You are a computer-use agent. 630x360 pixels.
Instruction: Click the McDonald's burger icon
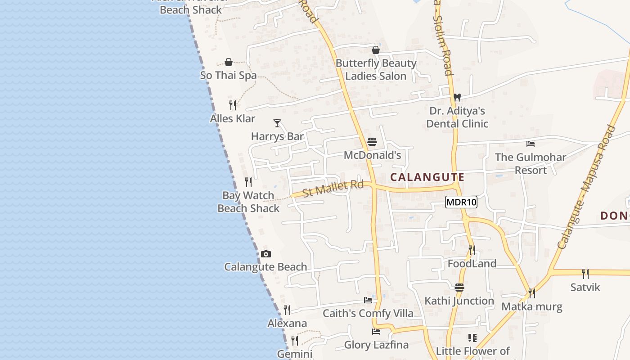[372, 142]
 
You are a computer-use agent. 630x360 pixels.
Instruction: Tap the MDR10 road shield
[461, 202]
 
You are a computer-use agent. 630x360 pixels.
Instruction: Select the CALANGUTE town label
[427, 177]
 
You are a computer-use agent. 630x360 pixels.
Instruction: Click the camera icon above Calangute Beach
[266, 254]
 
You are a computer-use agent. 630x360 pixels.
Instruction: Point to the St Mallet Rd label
[333, 189]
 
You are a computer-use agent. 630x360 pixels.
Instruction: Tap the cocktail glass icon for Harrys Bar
[277, 123]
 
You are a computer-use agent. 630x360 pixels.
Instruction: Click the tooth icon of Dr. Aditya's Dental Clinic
[457, 97]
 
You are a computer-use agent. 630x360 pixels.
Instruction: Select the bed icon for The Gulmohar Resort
[531, 144]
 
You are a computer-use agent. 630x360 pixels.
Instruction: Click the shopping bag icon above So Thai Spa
[229, 62]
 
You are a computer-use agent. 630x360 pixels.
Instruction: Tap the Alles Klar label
[233, 119]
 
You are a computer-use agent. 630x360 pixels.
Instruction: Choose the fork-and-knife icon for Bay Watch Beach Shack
[248, 182]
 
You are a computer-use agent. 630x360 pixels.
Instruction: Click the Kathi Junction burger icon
[459, 287]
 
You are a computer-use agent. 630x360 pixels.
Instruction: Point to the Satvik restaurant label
[585, 287]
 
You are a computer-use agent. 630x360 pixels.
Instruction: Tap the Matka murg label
[532, 307]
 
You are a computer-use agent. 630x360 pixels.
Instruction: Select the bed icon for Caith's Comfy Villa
[368, 300]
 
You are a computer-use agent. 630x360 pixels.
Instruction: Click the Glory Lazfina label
[376, 345]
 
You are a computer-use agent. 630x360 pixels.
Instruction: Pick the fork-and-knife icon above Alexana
[287, 310]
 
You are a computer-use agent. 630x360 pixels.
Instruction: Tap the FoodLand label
[472, 264]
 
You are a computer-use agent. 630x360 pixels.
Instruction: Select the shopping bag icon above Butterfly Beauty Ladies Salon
[376, 50]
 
